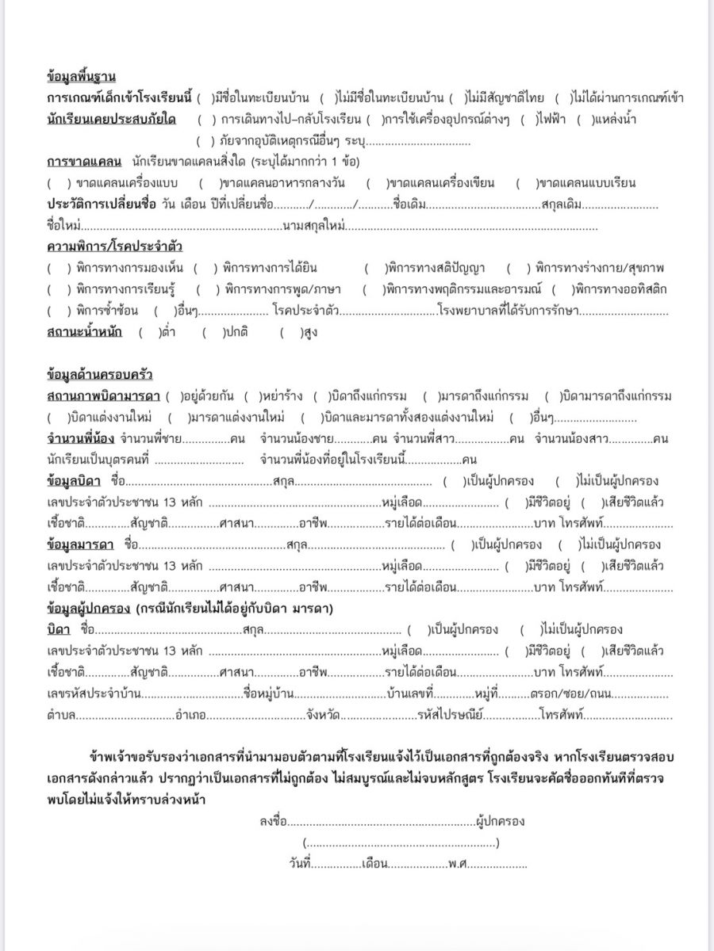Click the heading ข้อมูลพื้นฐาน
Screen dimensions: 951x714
(x=82, y=77)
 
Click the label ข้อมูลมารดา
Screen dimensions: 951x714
(x=81, y=544)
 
